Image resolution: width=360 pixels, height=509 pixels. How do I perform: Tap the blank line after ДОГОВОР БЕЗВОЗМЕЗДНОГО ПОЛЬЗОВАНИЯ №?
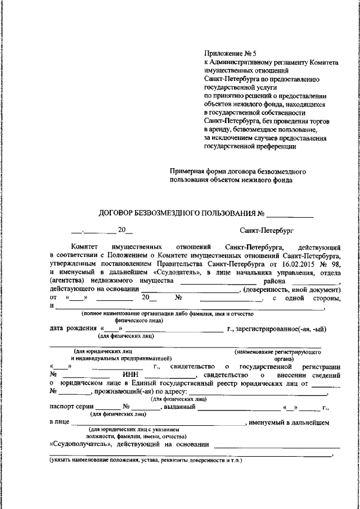tap(289, 214)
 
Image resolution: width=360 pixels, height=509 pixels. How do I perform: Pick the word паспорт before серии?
tap(63, 407)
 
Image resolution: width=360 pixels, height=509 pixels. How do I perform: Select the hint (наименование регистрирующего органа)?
tap(278, 354)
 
